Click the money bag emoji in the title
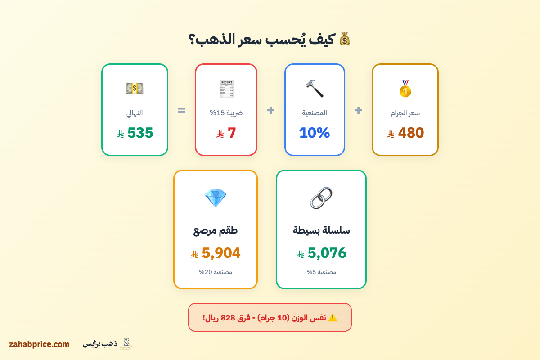pyautogui.click(x=345, y=39)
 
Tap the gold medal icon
pyautogui.click(x=405, y=89)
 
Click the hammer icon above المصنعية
pyautogui.click(x=314, y=88)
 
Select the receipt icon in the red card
pyautogui.click(x=226, y=89)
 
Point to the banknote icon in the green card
pyautogui.click(x=135, y=88)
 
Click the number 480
pyautogui.click(x=411, y=133)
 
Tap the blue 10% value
pyautogui.click(x=314, y=133)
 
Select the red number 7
pyautogui.click(x=232, y=133)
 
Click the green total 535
pyautogui.click(x=140, y=133)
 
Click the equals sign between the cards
pyautogui.click(x=181, y=110)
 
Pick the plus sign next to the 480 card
pyautogui.click(x=358, y=110)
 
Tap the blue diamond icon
pyautogui.click(x=215, y=198)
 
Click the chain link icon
pyautogui.click(x=321, y=198)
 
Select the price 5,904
pyautogui.click(x=221, y=253)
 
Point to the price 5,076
pyautogui.click(x=327, y=253)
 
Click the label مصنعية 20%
pyautogui.click(x=216, y=272)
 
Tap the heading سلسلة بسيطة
pyautogui.click(x=321, y=230)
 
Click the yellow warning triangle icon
pyautogui.click(x=333, y=317)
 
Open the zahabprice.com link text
pyautogui.click(x=39, y=344)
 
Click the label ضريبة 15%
pyautogui.click(x=226, y=113)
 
